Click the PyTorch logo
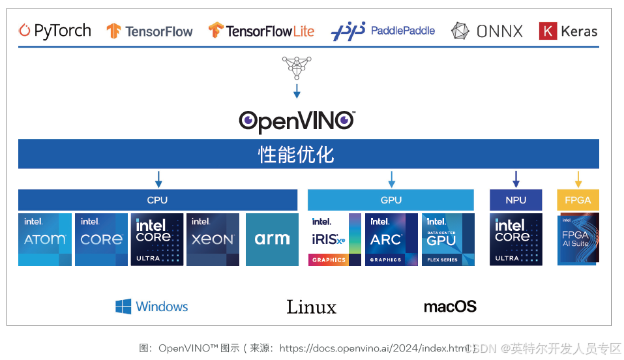55,31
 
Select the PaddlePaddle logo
383,31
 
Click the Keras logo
568,31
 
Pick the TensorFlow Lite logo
261,31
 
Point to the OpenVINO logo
297,121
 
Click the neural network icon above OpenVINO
297,67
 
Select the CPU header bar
158,200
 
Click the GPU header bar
391,200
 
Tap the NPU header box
516,200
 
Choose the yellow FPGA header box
578,200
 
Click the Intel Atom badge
45,239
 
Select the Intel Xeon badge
213,239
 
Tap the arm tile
272,239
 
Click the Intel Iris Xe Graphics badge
334,239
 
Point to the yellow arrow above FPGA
578,179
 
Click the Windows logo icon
123,307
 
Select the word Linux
311,307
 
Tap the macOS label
450,307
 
